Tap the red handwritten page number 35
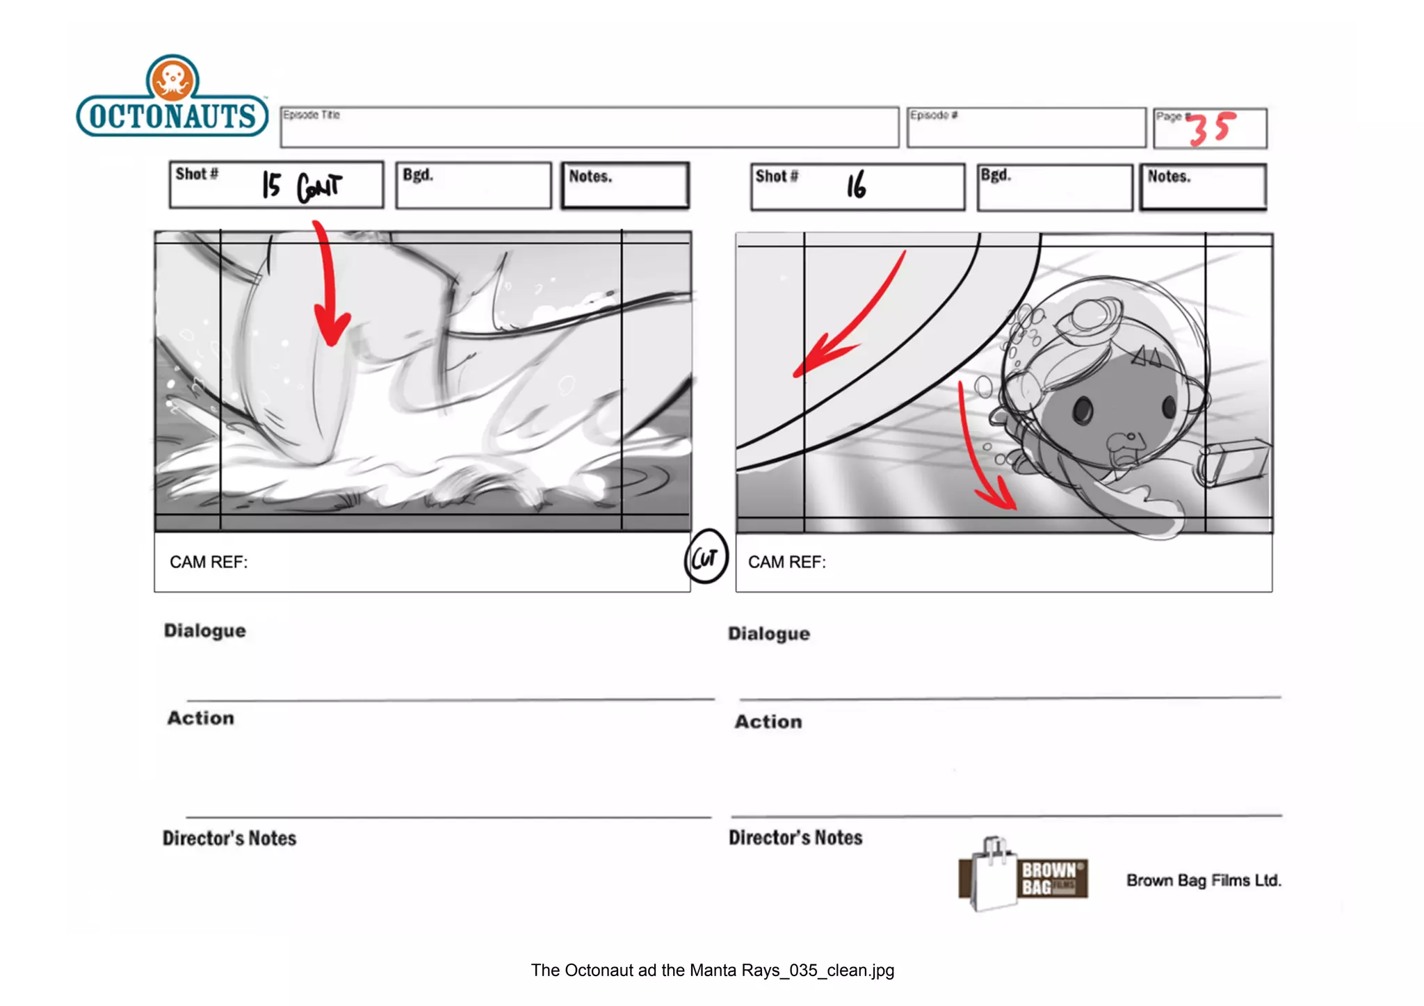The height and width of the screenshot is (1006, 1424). coord(1212,129)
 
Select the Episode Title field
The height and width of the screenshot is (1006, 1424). coord(590,127)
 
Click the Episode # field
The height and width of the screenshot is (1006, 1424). coord(1026,128)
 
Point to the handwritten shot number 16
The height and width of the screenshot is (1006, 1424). coord(857,186)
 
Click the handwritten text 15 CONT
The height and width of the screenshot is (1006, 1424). coord(302,186)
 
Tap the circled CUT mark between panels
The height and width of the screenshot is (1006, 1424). coord(706,557)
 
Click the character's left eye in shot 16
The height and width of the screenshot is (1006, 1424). coord(1083,410)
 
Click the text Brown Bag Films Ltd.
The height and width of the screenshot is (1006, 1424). coord(1204,881)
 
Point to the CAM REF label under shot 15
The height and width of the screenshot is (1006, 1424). coord(209,562)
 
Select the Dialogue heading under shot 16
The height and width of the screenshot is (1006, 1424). coord(769,634)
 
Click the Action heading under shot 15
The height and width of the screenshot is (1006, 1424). coord(201,718)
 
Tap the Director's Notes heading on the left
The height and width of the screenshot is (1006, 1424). coord(229,838)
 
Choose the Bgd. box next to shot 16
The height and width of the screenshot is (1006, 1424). coord(1055,187)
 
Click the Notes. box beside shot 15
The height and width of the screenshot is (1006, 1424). coord(625,186)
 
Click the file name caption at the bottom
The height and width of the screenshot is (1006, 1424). coord(712,971)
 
